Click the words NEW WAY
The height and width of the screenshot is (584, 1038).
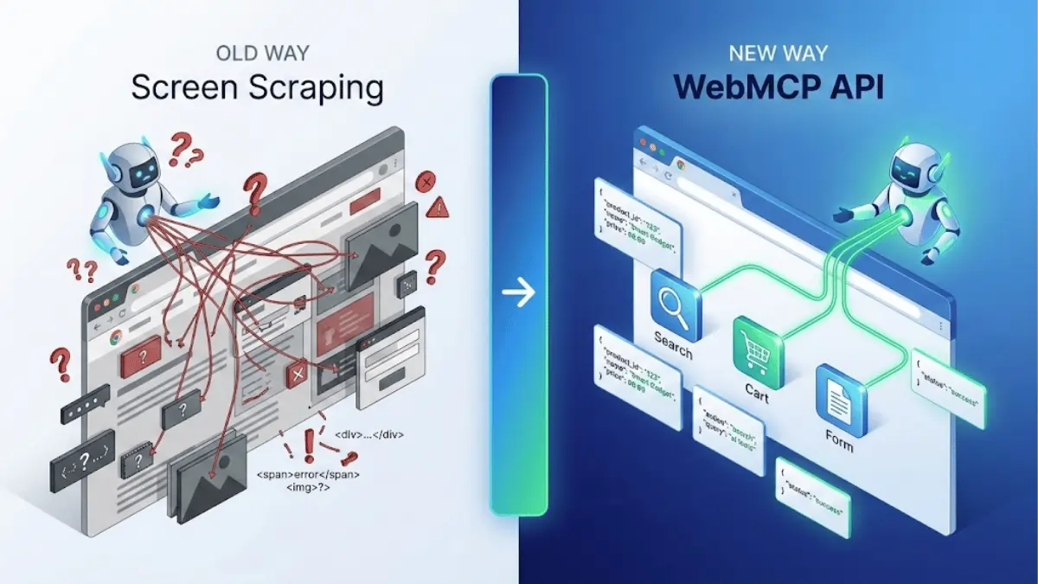[x=777, y=53]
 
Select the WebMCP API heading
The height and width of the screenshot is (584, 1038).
[x=777, y=88]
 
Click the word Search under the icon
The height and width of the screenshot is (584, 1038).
[x=673, y=346]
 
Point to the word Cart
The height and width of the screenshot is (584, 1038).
[x=756, y=388]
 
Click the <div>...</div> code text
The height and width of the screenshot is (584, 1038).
[x=368, y=434]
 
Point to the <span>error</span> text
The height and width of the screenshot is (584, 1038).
[x=309, y=475]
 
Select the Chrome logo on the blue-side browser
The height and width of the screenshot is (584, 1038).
[x=682, y=164]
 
